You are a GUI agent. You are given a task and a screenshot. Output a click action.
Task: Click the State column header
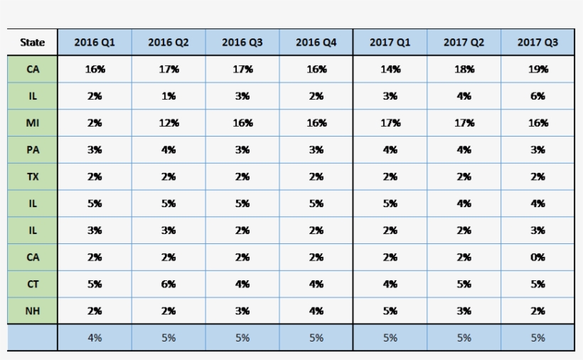pos(33,43)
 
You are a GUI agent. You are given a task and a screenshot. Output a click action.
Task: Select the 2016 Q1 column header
pos(95,43)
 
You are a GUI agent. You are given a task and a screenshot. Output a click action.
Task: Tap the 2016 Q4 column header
pos(316,43)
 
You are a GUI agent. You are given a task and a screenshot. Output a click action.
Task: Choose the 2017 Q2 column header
pos(464,43)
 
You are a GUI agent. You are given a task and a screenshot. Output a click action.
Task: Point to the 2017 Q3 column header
pos(537,43)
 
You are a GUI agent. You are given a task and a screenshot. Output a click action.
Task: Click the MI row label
pos(33,123)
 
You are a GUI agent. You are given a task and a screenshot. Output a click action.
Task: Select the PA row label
pos(33,150)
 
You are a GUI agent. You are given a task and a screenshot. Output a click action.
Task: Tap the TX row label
pos(33,177)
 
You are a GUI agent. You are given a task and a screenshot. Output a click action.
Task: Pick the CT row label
pos(33,284)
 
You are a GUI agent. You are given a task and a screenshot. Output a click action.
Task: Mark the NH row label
pos(33,311)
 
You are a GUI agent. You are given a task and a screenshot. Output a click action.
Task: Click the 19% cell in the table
pos(537,70)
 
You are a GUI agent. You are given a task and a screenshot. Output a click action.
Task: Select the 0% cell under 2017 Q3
pos(537,258)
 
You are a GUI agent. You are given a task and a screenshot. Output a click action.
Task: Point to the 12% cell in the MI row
pos(169,123)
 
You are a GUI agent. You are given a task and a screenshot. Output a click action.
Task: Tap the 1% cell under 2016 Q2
pos(169,96)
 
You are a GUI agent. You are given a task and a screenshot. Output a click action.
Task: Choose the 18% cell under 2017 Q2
pos(464,70)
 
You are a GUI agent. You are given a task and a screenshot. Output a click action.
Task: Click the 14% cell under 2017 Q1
pos(390,70)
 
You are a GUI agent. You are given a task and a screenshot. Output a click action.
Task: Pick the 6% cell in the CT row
pos(169,284)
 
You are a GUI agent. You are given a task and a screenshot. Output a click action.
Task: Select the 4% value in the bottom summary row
pos(95,338)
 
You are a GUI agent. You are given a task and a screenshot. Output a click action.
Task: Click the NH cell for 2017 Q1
pos(390,311)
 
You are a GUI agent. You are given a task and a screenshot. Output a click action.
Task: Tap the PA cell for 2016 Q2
pos(169,150)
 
